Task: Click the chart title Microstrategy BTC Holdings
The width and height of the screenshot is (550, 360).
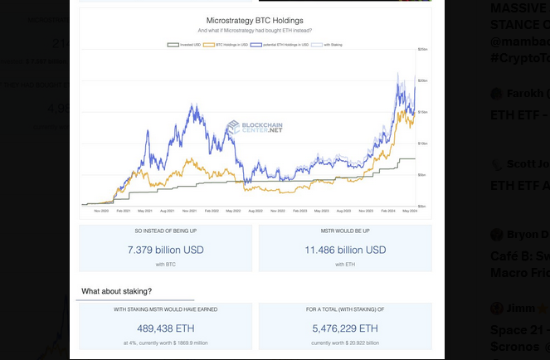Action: coord(254,20)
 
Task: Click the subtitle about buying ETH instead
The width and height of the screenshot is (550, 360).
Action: coord(254,30)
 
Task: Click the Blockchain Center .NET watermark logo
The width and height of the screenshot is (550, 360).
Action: coord(255,128)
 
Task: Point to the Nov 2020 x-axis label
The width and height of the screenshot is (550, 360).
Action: coord(102,212)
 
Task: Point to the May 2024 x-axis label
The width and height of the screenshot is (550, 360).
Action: coord(411,212)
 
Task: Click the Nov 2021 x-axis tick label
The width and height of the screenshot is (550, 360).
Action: coord(189,212)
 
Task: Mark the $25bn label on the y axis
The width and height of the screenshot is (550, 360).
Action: coord(422,50)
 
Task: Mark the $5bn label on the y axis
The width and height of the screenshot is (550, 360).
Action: coord(422,175)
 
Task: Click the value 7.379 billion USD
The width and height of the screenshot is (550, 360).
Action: coord(166,250)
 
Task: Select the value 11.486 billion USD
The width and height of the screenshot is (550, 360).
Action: coord(345,250)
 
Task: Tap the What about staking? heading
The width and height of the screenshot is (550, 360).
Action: coord(116,291)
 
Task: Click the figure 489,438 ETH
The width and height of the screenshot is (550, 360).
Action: coord(166,328)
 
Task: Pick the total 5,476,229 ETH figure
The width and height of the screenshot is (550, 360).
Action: coord(345,328)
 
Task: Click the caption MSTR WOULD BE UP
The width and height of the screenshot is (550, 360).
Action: coord(345,231)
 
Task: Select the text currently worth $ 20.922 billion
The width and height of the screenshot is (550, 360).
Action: coord(345,342)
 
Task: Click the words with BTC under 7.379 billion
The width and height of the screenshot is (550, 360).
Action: coord(166,264)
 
